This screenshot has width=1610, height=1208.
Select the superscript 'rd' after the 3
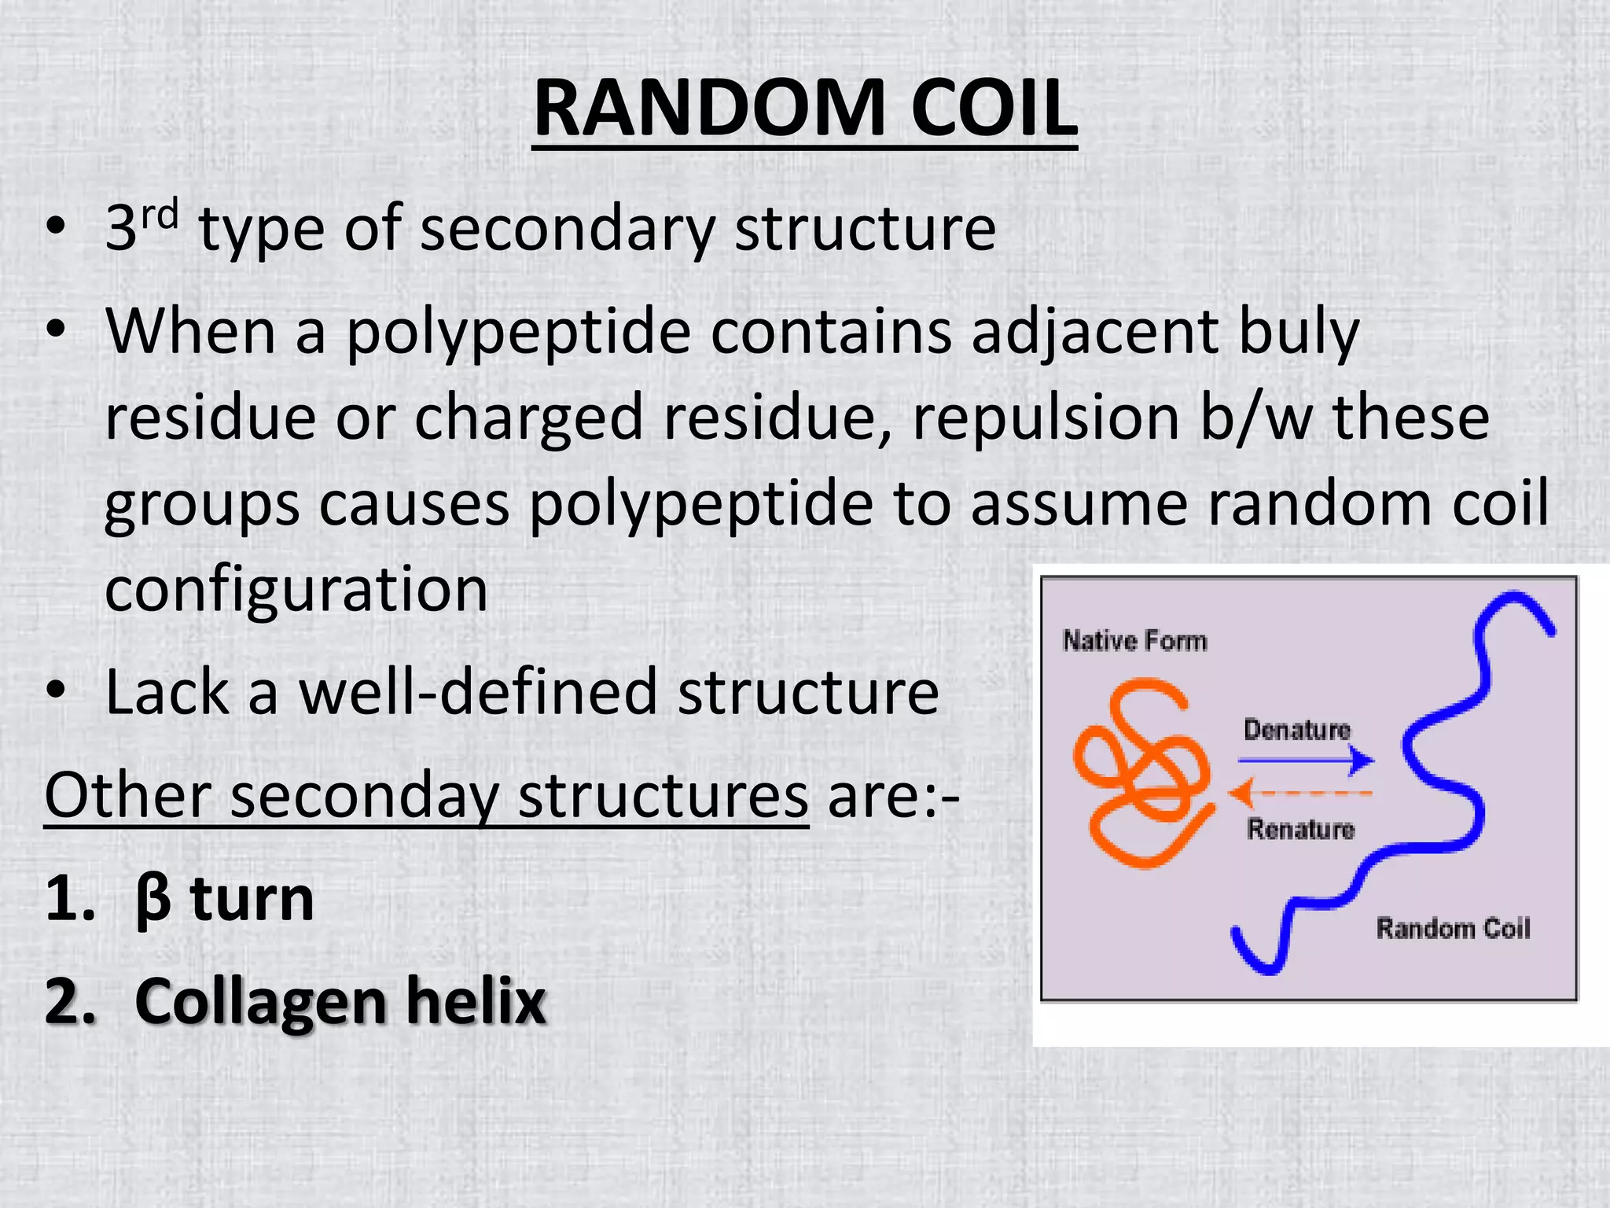[160, 214]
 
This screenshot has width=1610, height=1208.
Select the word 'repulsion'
[1045, 417]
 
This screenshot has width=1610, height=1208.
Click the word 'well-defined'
[478, 692]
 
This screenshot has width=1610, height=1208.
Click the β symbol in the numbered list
[153, 900]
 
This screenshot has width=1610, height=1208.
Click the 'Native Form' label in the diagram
[1134, 641]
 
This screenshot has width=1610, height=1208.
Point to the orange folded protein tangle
[1140, 775]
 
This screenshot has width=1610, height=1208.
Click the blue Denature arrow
[1305, 761]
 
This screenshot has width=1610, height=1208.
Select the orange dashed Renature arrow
[1301, 794]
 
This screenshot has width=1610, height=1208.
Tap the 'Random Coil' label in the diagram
[1453, 929]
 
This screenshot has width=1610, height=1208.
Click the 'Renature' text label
[1301, 829]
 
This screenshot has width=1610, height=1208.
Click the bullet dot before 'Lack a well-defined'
[56, 691]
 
